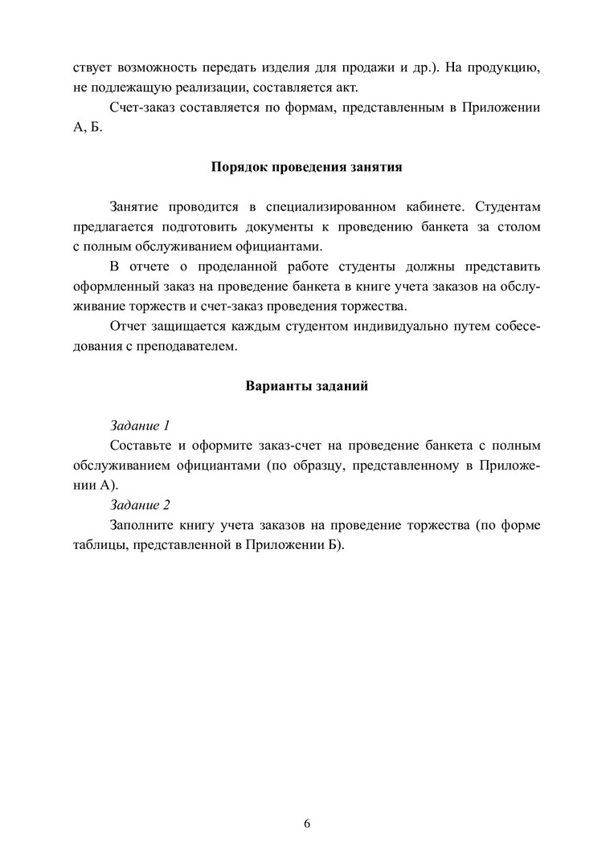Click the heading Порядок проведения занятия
(306, 168)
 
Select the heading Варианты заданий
(306, 385)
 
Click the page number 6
(307, 824)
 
